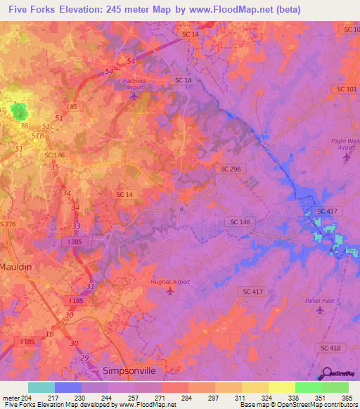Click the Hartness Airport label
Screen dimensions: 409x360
coord(134,81)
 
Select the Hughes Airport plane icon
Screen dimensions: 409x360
coord(169,291)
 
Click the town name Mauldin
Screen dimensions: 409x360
coord(16,268)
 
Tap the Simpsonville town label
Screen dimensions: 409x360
coord(129,370)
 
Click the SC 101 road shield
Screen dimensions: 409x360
coord(347,89)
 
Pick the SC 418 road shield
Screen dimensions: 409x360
coord(330,348)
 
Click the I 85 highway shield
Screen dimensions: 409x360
coord(72,106)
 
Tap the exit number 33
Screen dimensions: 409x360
coord(76,226)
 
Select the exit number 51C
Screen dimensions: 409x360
coord(48,126)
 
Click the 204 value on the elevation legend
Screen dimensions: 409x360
coord(22,398)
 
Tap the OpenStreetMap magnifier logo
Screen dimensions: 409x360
coord(326,373)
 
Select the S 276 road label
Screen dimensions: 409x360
coord(7,223)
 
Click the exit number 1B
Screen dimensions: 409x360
coord(49,334)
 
